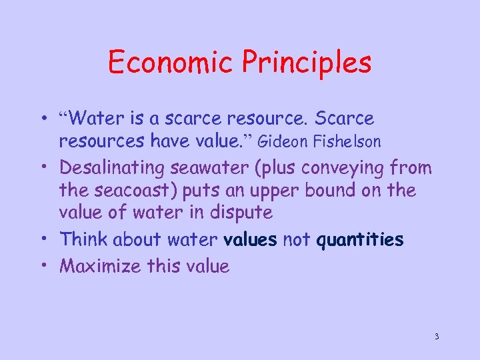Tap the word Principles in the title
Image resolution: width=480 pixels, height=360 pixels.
[307, 64]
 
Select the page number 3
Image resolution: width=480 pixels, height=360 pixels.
[437, 336]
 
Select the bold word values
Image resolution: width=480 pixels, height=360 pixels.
[251, 239]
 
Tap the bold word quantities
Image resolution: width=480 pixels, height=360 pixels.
[361, 239]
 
